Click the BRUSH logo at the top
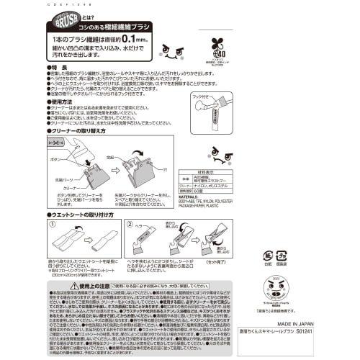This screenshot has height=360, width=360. click(x=73, y=19)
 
